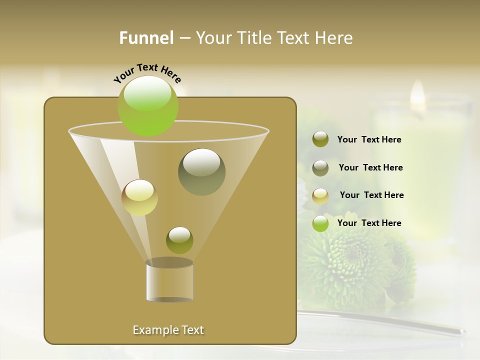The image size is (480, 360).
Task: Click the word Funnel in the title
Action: click(146, 38)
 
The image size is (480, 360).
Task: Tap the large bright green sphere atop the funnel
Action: click(147, 105)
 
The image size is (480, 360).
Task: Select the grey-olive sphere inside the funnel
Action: click(201, 172)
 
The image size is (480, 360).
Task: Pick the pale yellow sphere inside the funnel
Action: click(139, 197)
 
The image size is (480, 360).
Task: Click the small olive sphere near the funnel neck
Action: click(179, 240)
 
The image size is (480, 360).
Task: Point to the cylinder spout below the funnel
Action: click(169, 281)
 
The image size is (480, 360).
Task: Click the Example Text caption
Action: click(168, 330)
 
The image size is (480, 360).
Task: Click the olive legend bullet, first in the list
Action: click(320, 139)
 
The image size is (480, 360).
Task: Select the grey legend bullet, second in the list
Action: click(320, 168)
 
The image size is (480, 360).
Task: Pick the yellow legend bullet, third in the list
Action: click(320, 195)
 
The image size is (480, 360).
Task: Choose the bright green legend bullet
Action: click(320, 223)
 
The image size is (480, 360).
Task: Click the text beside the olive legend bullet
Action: click(369, 140)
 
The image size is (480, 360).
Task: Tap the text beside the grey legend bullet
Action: click(370, 168)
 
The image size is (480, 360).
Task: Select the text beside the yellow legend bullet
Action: click(371, 195)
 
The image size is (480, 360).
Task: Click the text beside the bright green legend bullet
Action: click(369, 223)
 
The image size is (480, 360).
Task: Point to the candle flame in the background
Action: click(417, 95)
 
